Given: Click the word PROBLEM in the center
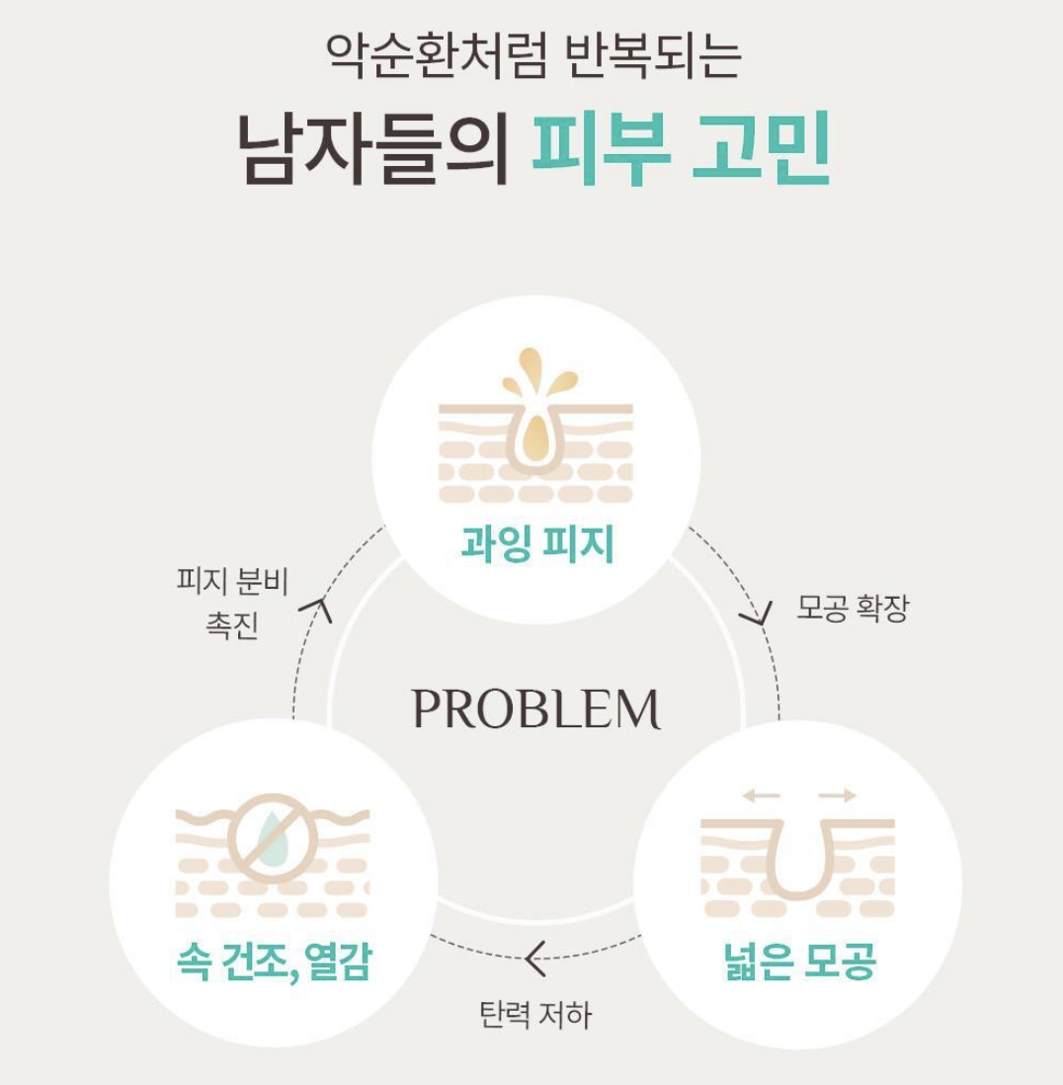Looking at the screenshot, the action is click(x=536, y=709).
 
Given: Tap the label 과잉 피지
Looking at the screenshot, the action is click(x=537, y=543).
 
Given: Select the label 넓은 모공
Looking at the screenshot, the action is click(x=799, y=960).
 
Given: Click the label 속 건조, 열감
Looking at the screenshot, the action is click(x=275, y=961).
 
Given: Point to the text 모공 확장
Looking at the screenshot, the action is click(x=852, y=608).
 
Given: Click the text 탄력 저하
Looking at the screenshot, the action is click(x=536, y=1015).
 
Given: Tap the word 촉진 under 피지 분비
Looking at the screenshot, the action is click(x=232, y=625).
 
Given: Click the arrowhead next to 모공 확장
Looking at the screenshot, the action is click(x=758, y=615).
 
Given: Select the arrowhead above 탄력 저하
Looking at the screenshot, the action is click(x=534, y=959).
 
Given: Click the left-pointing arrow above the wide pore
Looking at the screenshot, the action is click(x=761, y=795).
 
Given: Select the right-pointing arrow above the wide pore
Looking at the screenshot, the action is click(x=838, y=795).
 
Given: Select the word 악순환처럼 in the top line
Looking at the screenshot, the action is click(x=437, y=54).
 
